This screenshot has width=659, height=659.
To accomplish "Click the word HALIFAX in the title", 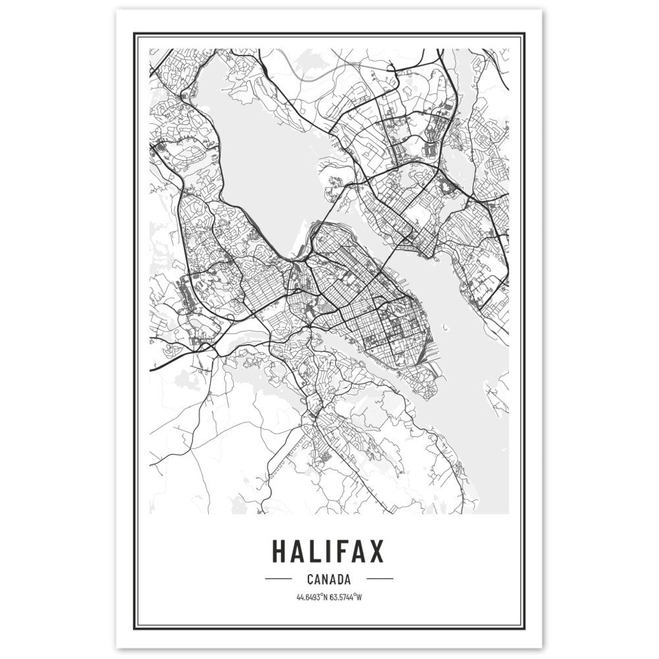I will point(328,552).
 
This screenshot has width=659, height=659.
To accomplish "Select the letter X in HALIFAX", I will point(374,552).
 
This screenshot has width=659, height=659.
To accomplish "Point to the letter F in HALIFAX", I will point(343,552).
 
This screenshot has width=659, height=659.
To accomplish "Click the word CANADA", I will point(328,580).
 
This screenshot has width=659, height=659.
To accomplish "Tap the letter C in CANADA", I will point(310,580).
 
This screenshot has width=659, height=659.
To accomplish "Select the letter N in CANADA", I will point(324,580).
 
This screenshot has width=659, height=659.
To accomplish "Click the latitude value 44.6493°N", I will point(312,598).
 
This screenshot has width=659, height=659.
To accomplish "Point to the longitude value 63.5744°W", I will point(345,598).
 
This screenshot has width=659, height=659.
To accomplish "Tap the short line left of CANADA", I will point(277,580).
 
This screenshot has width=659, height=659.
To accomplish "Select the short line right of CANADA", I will point(379,580).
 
